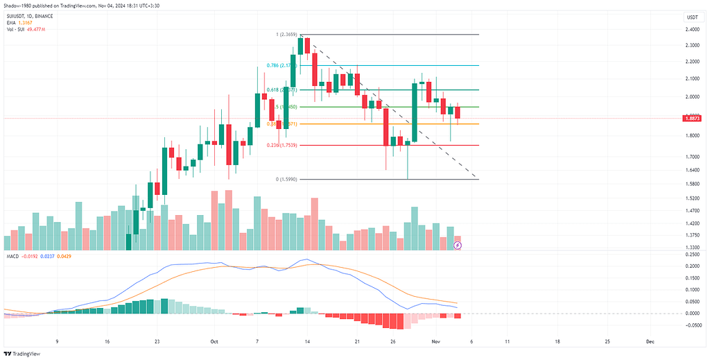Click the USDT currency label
pos(691,17)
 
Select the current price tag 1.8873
pos(691,119)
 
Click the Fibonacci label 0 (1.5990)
pos(287,180)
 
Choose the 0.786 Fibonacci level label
pos(281,66)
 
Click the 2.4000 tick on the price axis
pos(691,30)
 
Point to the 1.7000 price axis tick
pos(691,157)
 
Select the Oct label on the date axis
pos(214,342)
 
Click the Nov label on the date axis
pos(436,342)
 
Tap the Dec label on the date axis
pos(650,342)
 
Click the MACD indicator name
pos(12,257)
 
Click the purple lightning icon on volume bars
pos(458,245)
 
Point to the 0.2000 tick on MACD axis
pos(691,266)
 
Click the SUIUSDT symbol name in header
pos(16,15)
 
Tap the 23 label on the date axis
pos(158,342)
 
